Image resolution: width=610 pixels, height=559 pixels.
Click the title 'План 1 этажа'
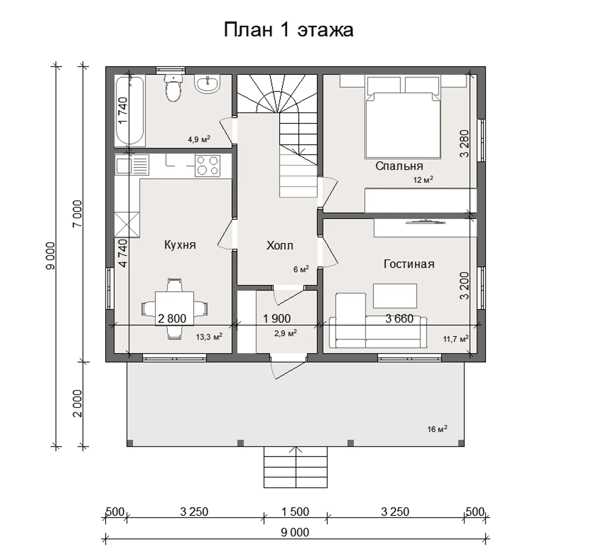288,30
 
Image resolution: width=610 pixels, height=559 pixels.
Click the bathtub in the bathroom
130,111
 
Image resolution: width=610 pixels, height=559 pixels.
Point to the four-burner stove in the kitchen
207,165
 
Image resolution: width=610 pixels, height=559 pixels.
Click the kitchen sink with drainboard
132,165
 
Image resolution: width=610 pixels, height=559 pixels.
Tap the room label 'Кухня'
180,245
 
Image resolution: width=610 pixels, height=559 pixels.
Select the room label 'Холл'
279,246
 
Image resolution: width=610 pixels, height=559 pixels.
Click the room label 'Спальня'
399,166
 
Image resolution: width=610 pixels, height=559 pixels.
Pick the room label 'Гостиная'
409,264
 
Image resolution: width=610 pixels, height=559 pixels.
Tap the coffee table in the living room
395,296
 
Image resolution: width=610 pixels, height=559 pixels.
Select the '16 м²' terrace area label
437,429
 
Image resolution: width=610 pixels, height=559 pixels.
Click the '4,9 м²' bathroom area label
199,140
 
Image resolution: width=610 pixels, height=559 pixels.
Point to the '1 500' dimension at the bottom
295,512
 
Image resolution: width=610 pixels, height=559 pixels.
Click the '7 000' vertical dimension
77,214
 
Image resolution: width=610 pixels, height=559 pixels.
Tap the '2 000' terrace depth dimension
77,403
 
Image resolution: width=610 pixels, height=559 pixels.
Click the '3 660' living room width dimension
399,318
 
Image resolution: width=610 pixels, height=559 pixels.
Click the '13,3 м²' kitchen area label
209,337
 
